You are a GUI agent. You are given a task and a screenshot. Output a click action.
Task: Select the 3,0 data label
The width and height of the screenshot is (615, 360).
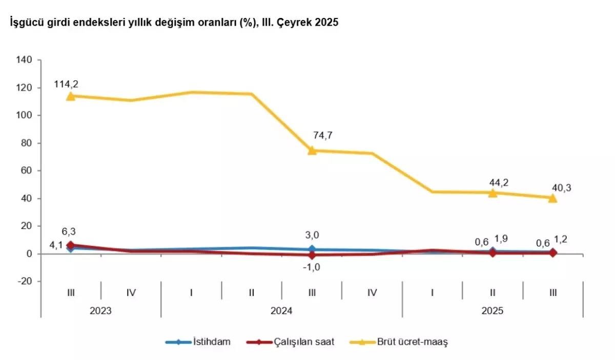point(312,235)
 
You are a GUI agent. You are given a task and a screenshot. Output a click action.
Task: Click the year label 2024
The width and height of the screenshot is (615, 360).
point(281,311)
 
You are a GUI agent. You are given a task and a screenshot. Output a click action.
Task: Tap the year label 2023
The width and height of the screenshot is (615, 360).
point(101,311)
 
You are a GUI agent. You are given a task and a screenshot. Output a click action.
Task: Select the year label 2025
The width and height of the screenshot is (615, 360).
point(493,311)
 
